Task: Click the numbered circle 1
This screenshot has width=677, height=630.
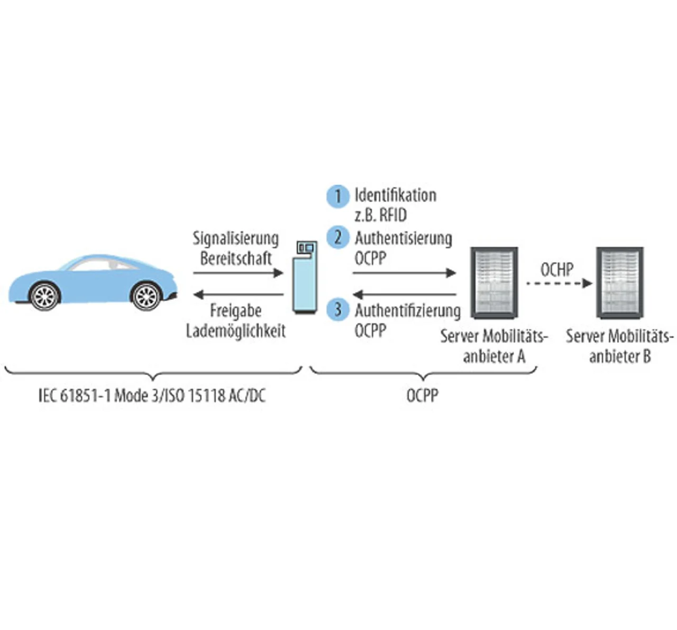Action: click(x=337, y=196)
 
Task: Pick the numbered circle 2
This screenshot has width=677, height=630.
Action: click(x=337, y=237)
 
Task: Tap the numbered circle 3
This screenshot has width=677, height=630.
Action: click(x=337, y=310)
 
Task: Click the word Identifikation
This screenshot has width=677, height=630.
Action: click(x=396, y=195)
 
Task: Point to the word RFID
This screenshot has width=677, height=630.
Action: click(x=393, y=215)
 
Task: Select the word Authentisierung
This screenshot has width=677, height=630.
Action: click(x=404, y=238)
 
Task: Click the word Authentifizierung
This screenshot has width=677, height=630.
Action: click(x=408, y=310)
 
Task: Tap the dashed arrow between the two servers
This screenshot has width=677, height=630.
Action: click(x=559, y=283)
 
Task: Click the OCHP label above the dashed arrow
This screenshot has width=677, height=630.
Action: click(x=557, y=269)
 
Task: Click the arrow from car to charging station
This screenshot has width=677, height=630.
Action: click(x=238, y=273)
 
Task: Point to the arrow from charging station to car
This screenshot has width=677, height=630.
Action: click(x=238, y=294)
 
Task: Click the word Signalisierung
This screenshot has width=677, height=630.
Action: click(x=235, y=239)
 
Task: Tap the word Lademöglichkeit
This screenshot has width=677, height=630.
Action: click(x=236, y=331)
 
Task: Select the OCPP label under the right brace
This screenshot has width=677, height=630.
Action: click(x=422, y=395)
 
